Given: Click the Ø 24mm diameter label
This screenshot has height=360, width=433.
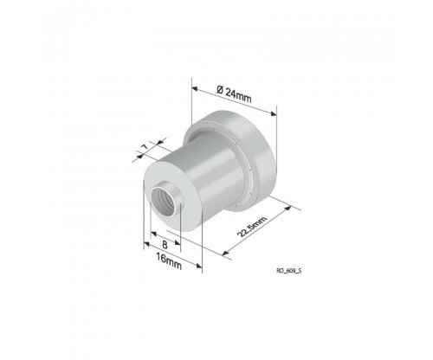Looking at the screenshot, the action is tap(234, 94).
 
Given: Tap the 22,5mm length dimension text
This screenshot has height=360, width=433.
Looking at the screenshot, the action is tap(252, 226).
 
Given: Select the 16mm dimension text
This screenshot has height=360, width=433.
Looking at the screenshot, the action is tap(169, 261).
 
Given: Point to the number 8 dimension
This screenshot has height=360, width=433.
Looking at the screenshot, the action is tap(165, 245).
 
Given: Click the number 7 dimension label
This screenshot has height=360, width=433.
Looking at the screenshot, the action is tap(145, 146).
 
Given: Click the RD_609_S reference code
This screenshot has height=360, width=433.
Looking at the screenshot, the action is tap(289, 271).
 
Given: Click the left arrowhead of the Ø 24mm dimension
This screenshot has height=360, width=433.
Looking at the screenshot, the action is tap(195, 88).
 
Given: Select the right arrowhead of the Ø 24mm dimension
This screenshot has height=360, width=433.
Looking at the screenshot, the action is tap(274, 113).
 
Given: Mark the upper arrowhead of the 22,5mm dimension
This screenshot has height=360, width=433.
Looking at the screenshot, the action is tap(288, 209).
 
